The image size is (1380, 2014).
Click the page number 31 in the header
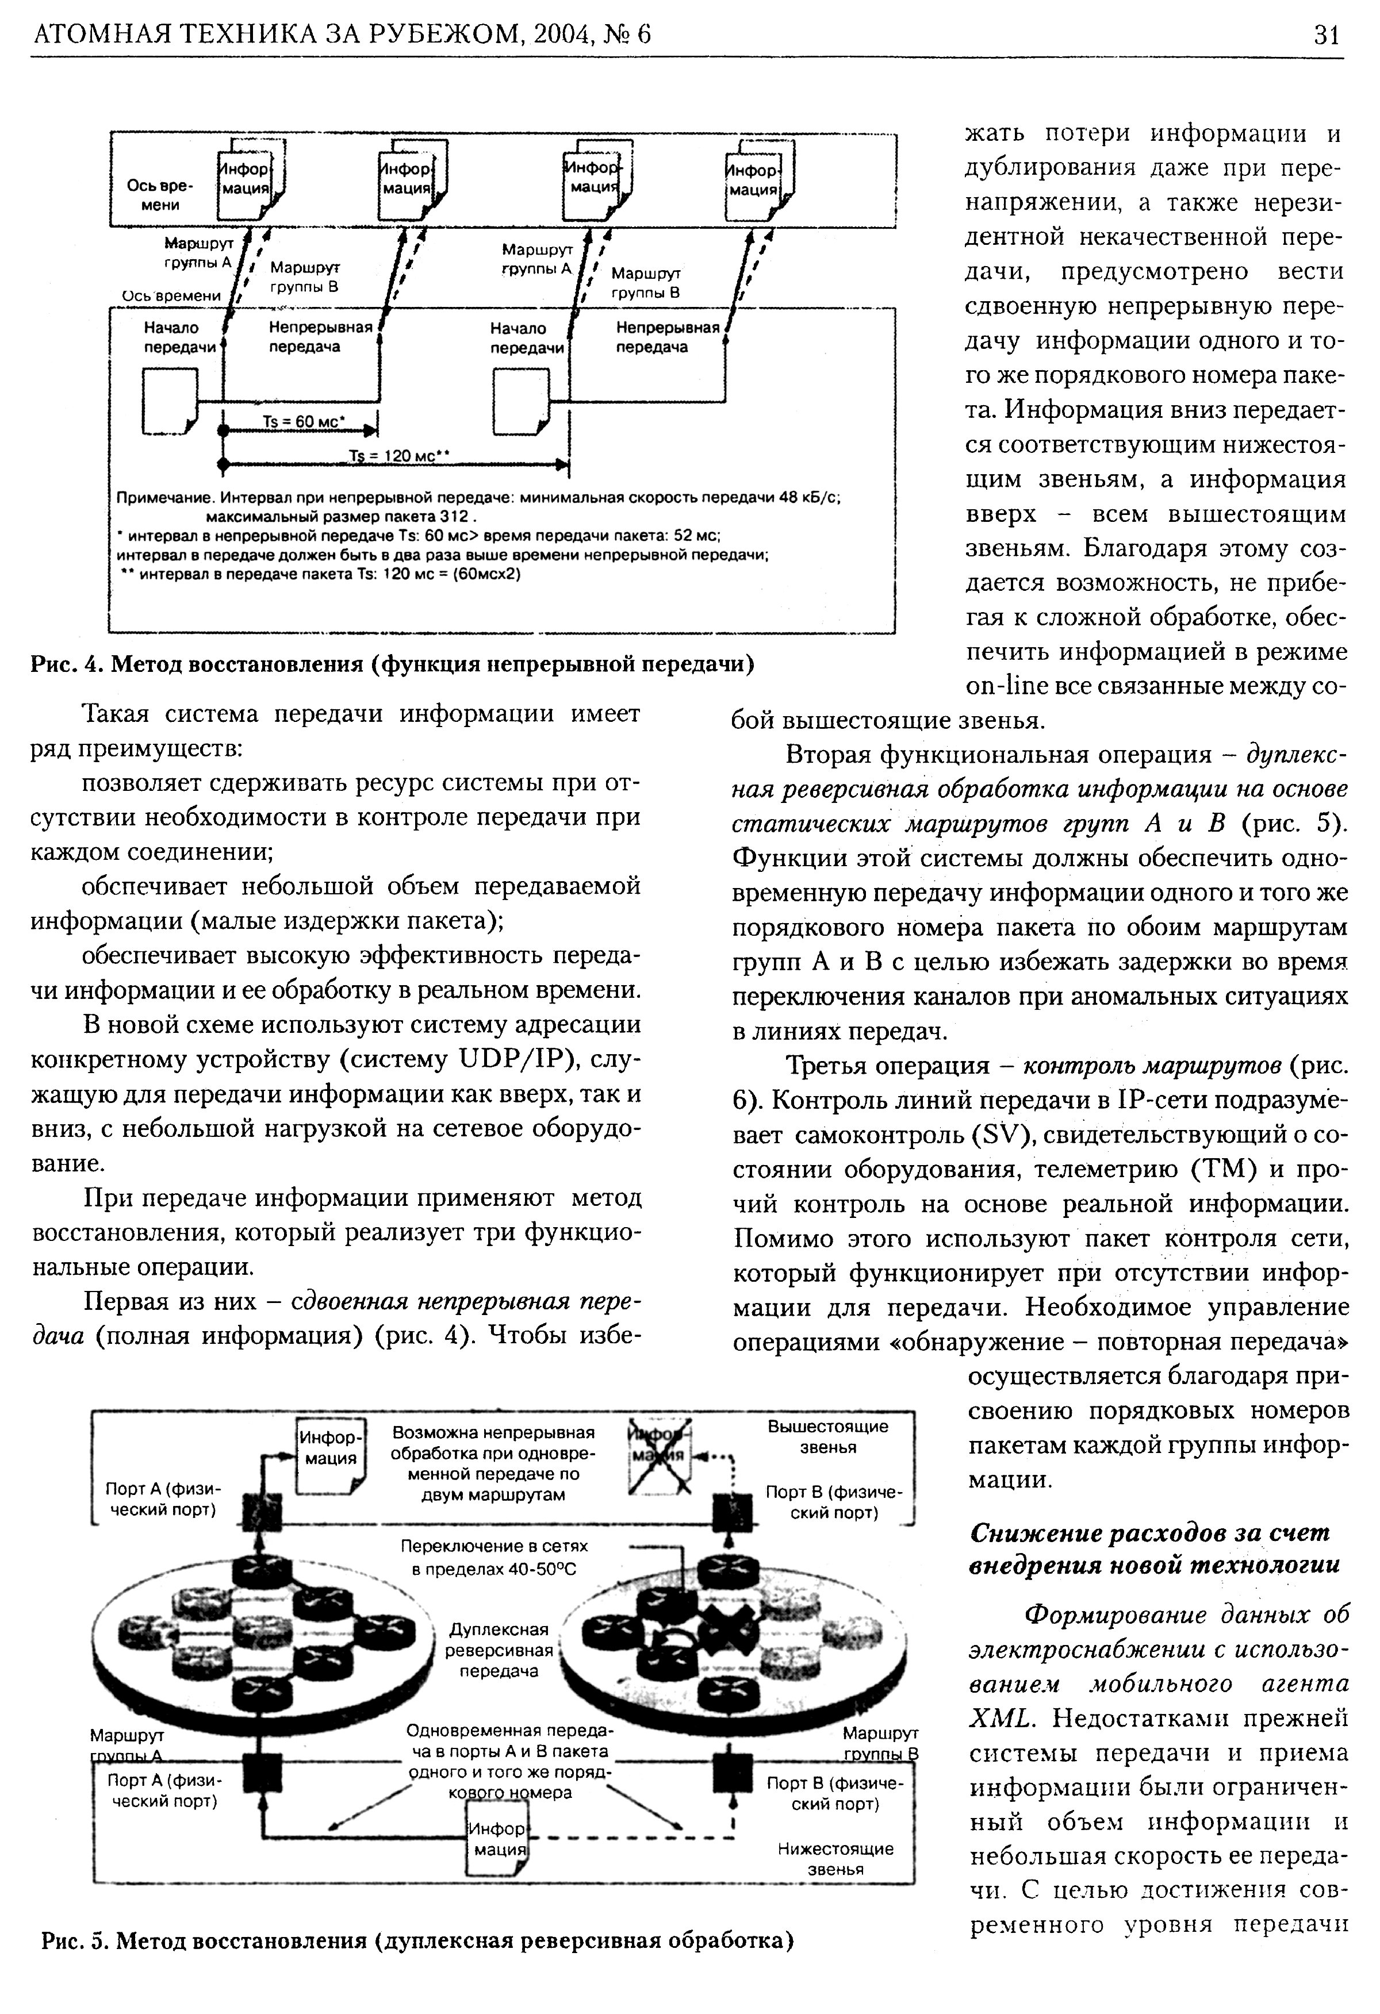tap(1327, 34)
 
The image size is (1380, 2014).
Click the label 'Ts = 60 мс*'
tap(304, 421)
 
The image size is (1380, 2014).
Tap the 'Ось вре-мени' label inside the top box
tap(160, 195)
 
